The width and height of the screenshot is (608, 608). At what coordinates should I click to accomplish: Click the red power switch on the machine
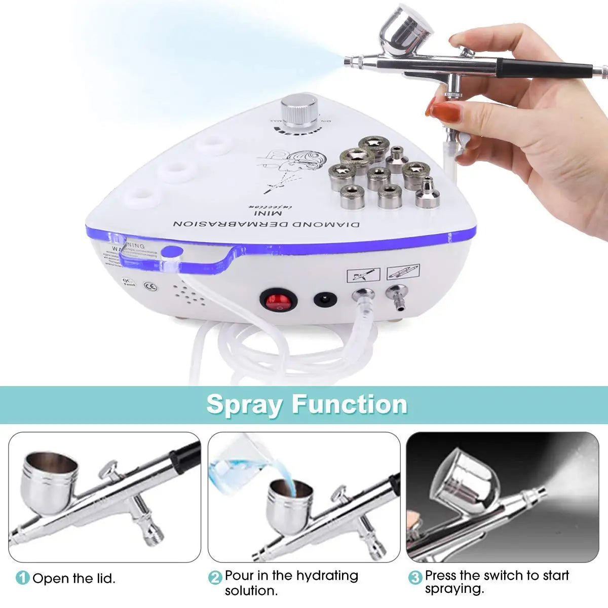(x=276, y=301)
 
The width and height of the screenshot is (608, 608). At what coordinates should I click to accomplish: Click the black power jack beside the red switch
(x=325, y=299)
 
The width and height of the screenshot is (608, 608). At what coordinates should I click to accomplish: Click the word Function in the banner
(x=350, y=404)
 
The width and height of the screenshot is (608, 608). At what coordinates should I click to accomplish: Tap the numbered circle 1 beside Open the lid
(x=22, y=578)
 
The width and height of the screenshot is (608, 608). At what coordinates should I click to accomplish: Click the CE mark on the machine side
(x=150, y=287)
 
